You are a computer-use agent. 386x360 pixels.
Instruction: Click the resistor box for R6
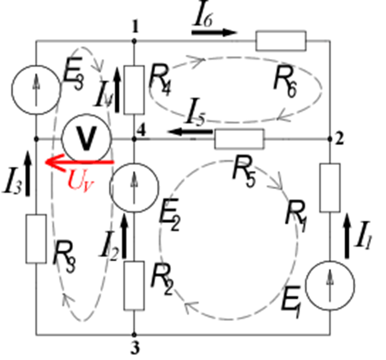point(281,41)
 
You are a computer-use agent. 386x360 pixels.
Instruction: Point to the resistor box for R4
point(134,90)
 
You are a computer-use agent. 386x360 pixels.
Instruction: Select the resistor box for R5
point(240,139)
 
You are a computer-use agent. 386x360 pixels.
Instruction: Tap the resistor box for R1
point(330,187)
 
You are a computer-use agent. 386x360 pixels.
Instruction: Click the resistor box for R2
point(134,285)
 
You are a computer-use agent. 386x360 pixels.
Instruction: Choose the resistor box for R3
point(36,239)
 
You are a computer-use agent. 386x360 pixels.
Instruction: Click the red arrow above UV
point(80,163)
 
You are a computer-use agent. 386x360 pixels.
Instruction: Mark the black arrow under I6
point(214,32)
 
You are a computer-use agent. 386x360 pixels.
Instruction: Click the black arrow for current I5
point(190,132)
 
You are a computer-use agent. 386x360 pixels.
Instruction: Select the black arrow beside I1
point(346,236)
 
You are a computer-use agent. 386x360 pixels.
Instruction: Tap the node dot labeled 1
point(134,41)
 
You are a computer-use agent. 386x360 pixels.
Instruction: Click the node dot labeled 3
point(134,334)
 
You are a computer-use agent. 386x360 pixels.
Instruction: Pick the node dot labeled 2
point(330,139)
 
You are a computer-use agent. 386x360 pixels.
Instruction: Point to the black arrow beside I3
point(27,173)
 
